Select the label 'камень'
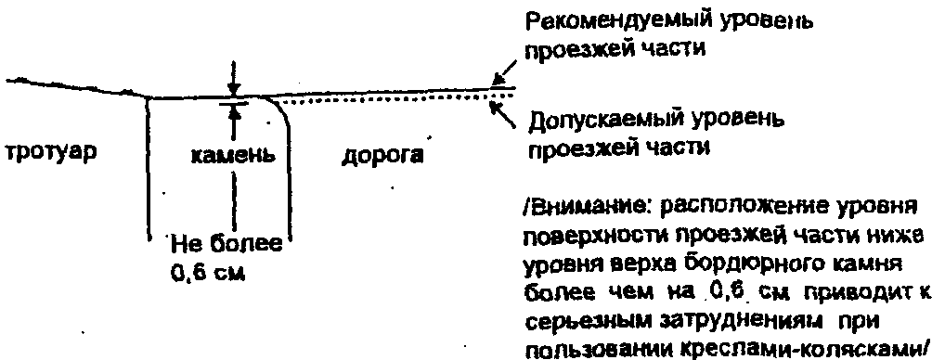pos(234,155)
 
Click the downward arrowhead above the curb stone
pos(234,91)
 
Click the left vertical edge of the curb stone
pos(147,168)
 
